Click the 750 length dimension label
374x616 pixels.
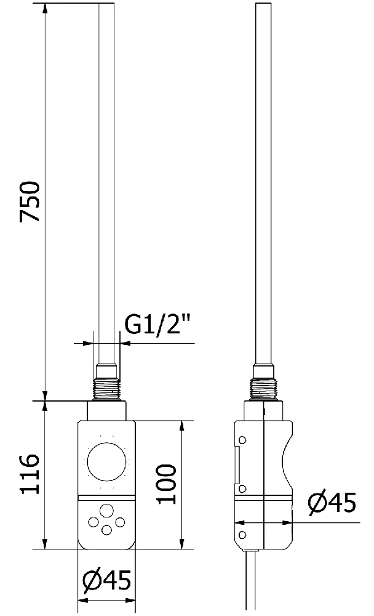pyautogui.click(x=30, y=201)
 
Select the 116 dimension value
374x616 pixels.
pyautogui.click(x=30, y=474)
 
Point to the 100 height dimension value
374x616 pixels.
pyautogui.click(x=166, y=484)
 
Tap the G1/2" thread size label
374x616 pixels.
pyautogui.click(x=157, y=325)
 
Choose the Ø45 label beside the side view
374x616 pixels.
pyautogui.click(x=332, y=501)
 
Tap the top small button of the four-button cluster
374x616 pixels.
pyautogui.click(x=106, y=511)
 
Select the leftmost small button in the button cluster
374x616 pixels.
pyautogui.click(x=94, y=522)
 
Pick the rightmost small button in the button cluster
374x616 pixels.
pyautogui.click(x=120, y=522)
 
